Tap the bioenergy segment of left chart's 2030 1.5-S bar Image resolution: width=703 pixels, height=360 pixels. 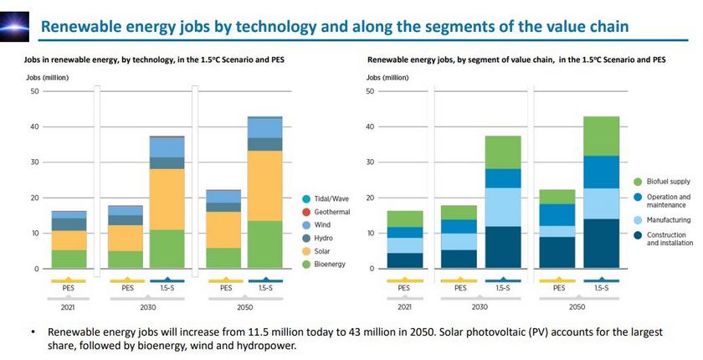point(167,249)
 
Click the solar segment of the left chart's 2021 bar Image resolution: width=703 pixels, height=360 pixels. point(69,240)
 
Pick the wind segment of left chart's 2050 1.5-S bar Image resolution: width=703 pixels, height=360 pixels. point(265,127)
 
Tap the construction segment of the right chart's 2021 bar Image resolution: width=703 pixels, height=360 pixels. point(404,260)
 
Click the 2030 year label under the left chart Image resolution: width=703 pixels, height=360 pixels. point(147,307)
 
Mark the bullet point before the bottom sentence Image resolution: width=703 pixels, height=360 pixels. point(33,332)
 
